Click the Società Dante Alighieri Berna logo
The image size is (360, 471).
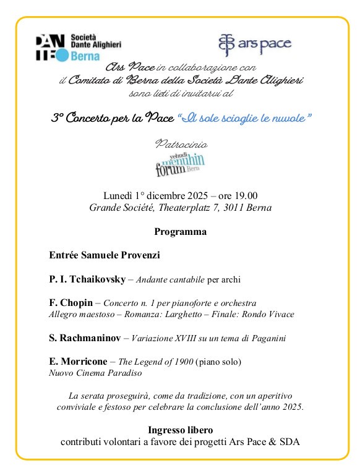point(79,47)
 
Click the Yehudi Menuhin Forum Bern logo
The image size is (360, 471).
point(180,164)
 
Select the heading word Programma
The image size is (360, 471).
point(180,232)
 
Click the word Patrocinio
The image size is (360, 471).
point(181,144)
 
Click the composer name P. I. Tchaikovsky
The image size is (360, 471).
point(87,279)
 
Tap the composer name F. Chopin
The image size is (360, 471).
point(71,303)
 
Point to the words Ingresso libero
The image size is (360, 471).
point(180,430)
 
